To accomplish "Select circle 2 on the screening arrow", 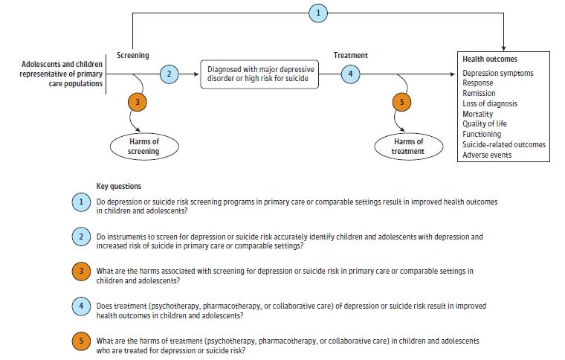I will pos(169,74).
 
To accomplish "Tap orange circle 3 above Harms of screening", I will pos(138,102).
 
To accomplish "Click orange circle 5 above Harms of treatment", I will pos(402,102).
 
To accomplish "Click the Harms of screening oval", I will pos(146,147).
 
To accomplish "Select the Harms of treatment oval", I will pos(409,146).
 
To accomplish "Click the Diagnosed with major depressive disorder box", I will pos(259,74).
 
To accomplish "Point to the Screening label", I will pos(133,55).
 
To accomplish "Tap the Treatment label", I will pos(350,55).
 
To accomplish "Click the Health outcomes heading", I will pos(490,59).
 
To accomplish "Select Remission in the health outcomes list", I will pos(480,94).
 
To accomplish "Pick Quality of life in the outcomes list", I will pos(485,124).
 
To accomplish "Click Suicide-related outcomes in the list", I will pos(503,144).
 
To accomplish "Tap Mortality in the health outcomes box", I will pos(478,114).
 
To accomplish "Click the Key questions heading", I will pos(119,186).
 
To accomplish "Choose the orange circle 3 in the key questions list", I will pos(80,271).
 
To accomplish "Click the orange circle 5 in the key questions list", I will pos(80,341).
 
